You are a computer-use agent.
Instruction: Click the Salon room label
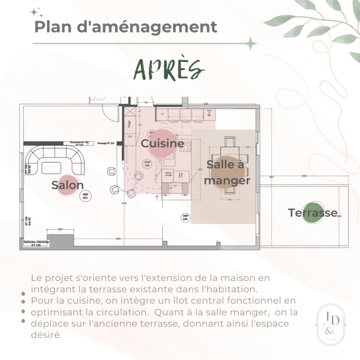[68, 185]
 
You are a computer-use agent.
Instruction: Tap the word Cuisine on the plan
[162, 144]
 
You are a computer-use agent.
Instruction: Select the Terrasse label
[313, 213]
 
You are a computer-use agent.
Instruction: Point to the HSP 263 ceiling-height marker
[85, 196]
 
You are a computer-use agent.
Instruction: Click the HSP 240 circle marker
[185, 217]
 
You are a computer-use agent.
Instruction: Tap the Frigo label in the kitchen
[129, 123]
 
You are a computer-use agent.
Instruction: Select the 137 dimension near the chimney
[60, 230]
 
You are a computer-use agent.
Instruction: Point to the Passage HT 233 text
[105, 143]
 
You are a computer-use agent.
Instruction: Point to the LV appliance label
[162, 114]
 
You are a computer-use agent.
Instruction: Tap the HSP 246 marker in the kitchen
[147, 164]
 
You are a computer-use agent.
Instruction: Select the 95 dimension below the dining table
[229, 199]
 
